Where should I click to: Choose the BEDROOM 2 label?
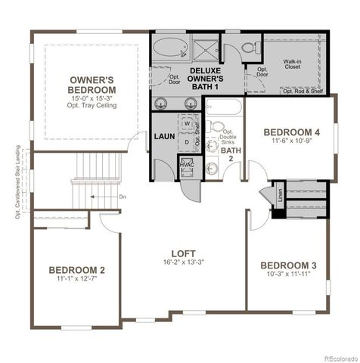[76, 270]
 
